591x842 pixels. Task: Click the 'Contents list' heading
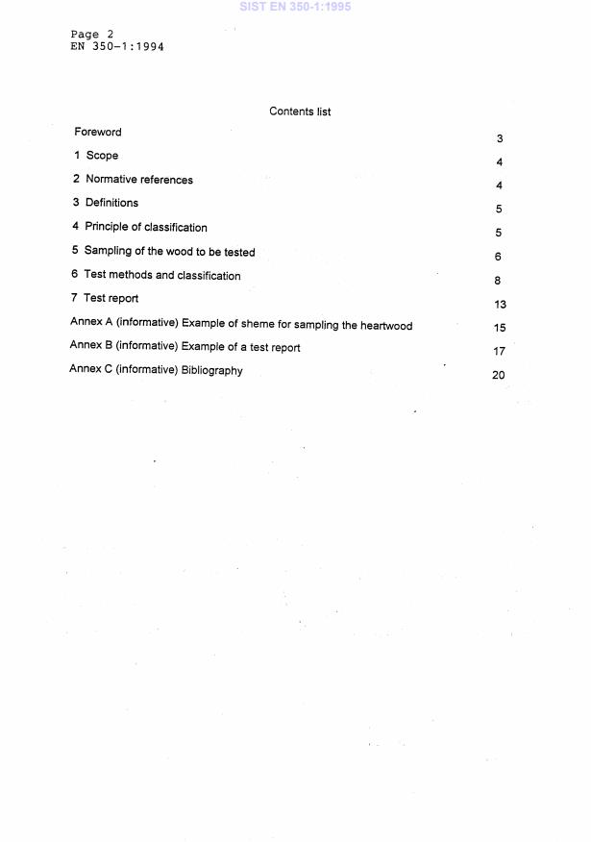[x=300, y=111]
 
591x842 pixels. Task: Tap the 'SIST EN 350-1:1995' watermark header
[x=295, y=7]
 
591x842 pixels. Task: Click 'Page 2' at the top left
[x=92, y=35]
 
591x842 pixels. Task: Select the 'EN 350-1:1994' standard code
[x=117, y=46]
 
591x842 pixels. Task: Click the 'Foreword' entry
[x=98, y=133]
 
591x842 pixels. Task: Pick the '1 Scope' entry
[x=96, y=156]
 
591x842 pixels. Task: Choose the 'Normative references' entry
[x=138, y=180]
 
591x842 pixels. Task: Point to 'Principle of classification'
[x=145, y=228]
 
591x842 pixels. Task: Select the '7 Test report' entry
[x=105, y=299]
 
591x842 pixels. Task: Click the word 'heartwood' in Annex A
[x=385, y=326]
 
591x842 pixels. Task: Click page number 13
[x=499, y=304]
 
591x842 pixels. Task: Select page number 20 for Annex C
[x=498, y=375]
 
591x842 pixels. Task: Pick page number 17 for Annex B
[x=499, y=352]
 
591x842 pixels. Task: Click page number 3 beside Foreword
[x=500, y=139]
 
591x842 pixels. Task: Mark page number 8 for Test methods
[x=498, y=282]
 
